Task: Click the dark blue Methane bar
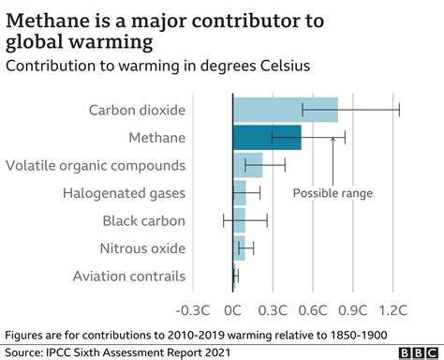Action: [x=267, y=138]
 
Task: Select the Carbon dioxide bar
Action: [x=285, y=110]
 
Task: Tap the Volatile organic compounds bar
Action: [x=247, y=165]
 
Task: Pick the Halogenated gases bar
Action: [x=239, y=193]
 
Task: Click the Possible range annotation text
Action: [x=333, y=193]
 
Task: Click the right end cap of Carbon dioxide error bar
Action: [x=399, y=110]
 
